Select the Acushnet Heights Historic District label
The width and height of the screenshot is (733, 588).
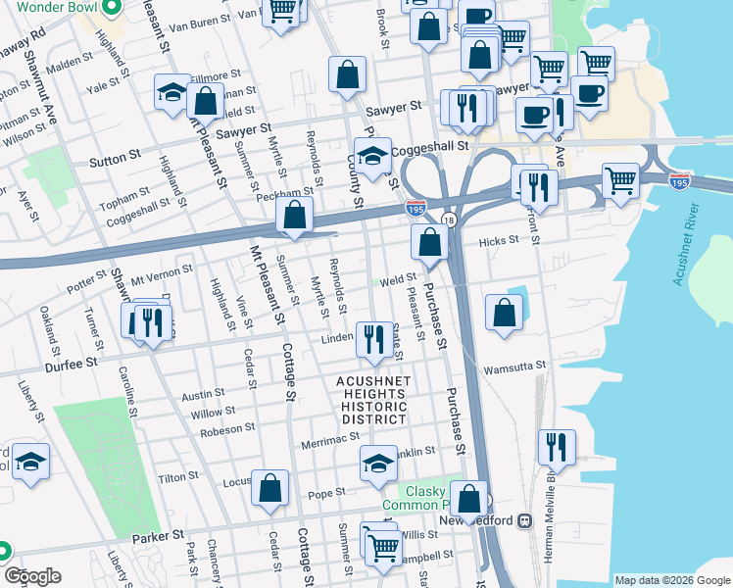coord(371,400)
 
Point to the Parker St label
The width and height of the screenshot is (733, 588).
coord(159,535)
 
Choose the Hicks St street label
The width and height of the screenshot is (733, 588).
coord(498,241)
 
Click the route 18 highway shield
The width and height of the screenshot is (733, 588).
coord(448,220)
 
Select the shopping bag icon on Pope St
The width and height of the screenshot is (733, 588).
coord(270,487)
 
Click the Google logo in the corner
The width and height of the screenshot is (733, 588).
coord(31,576)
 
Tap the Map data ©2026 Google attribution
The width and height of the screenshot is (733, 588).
coord(672,580)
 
